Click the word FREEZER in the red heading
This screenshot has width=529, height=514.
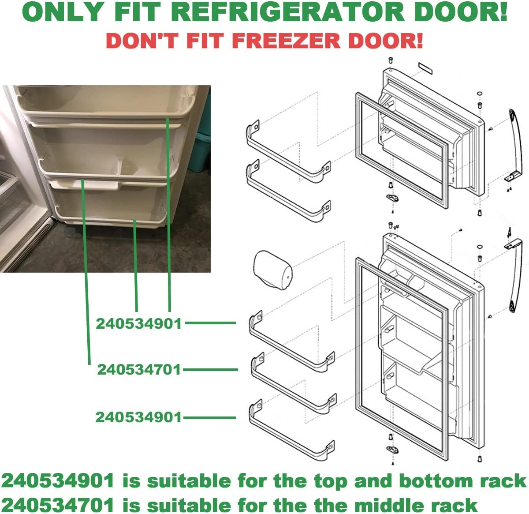point(287,41)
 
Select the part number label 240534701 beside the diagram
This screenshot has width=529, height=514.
point(139,370)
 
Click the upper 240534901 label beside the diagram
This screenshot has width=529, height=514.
point(139,323)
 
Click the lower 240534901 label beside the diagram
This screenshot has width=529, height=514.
point(139,417)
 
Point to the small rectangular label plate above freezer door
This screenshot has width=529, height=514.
point(425,68)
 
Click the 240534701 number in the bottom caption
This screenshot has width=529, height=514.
point(57,504)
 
